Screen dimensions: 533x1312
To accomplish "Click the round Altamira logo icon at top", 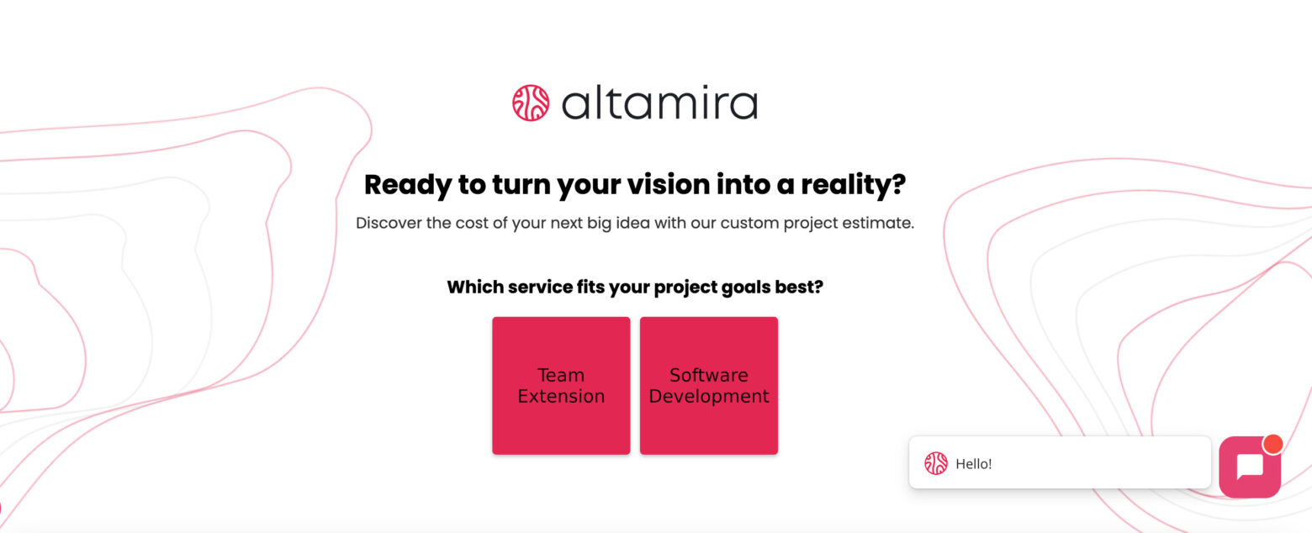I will [531, 103].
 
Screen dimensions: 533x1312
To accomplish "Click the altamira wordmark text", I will [659, 103].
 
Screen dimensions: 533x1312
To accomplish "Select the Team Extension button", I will [561, 386].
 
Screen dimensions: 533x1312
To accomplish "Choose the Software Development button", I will [709, 386].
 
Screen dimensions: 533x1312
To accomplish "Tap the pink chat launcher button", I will [1249, 467].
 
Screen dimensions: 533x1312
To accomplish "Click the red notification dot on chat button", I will [1272, 444].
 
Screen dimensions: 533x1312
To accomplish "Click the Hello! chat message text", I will [974, 463].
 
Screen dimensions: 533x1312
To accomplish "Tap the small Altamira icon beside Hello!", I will [936, 463].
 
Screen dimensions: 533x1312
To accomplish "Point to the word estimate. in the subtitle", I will [881, 224].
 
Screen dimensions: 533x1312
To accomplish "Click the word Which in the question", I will [474, 287].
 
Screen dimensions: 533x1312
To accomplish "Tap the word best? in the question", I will [798, 287].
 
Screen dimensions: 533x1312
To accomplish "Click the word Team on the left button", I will [561, 375].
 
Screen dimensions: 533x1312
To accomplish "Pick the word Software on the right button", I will [709, 375].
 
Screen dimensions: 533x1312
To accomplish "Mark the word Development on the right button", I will [709, 396].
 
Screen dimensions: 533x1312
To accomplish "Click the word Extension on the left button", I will [561, 396].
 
